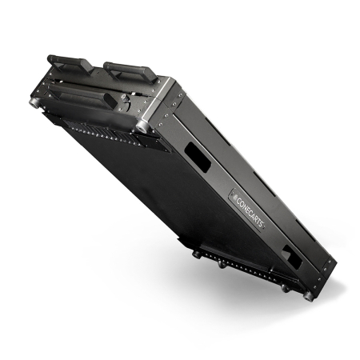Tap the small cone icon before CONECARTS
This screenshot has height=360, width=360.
tap(234, 198)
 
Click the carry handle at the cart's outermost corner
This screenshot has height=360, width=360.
tap(70, 64)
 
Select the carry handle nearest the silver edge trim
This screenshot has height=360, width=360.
tap(130, 71)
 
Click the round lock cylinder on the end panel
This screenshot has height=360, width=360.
tap(124, 98)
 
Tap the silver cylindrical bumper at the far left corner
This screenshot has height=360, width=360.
tap(34, 102)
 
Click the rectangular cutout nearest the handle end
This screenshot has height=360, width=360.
tap(198, 157)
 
